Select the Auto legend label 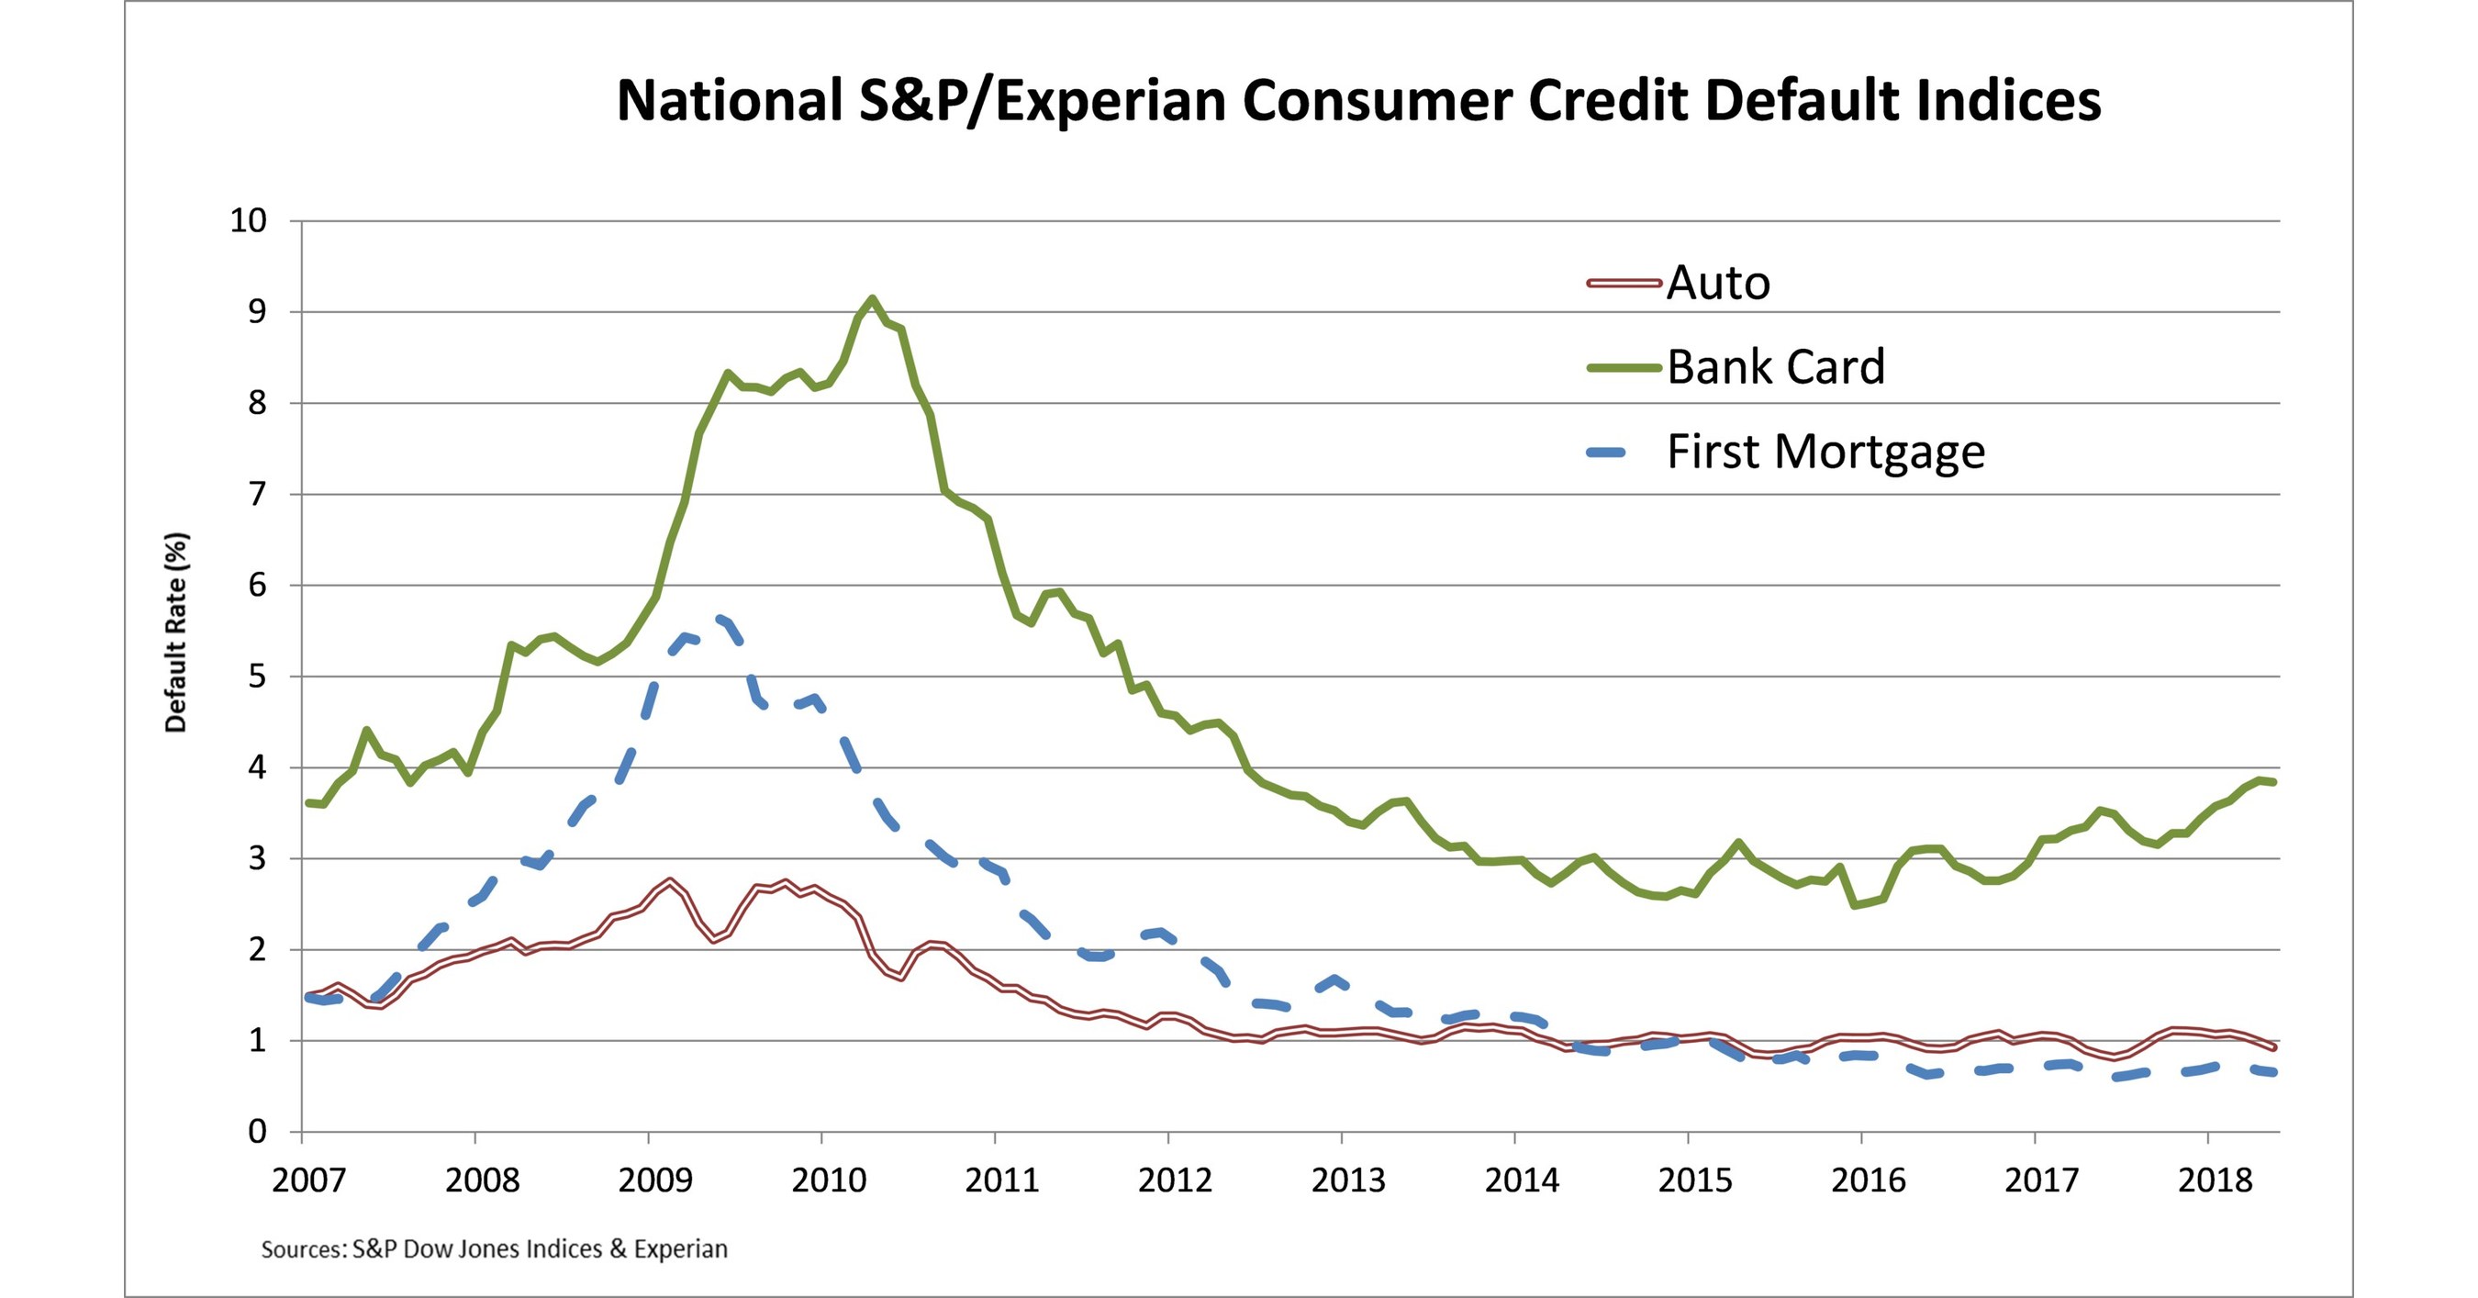1718,283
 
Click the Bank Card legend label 1776,367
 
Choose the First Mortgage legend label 1825,452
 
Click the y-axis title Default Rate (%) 176,632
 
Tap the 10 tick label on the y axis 247,221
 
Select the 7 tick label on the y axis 257,495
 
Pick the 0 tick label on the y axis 257,1132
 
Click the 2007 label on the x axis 307,1180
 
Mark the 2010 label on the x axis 828,1180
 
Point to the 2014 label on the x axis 1521,1180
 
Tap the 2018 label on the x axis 2215,1180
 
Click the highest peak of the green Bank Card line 872,298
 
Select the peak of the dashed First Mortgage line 718,618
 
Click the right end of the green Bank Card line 2273,782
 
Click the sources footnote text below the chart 495,1249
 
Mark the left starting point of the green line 307,802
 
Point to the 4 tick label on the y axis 257,767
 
